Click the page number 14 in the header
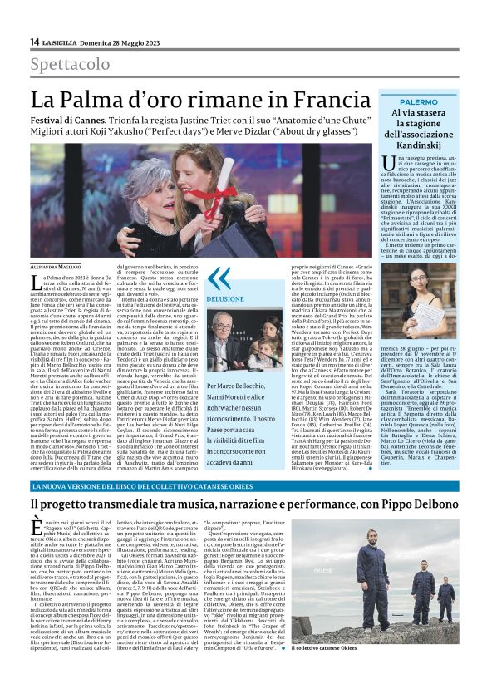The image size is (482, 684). click(34, 42)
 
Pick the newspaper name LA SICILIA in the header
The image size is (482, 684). click(62, 42)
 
